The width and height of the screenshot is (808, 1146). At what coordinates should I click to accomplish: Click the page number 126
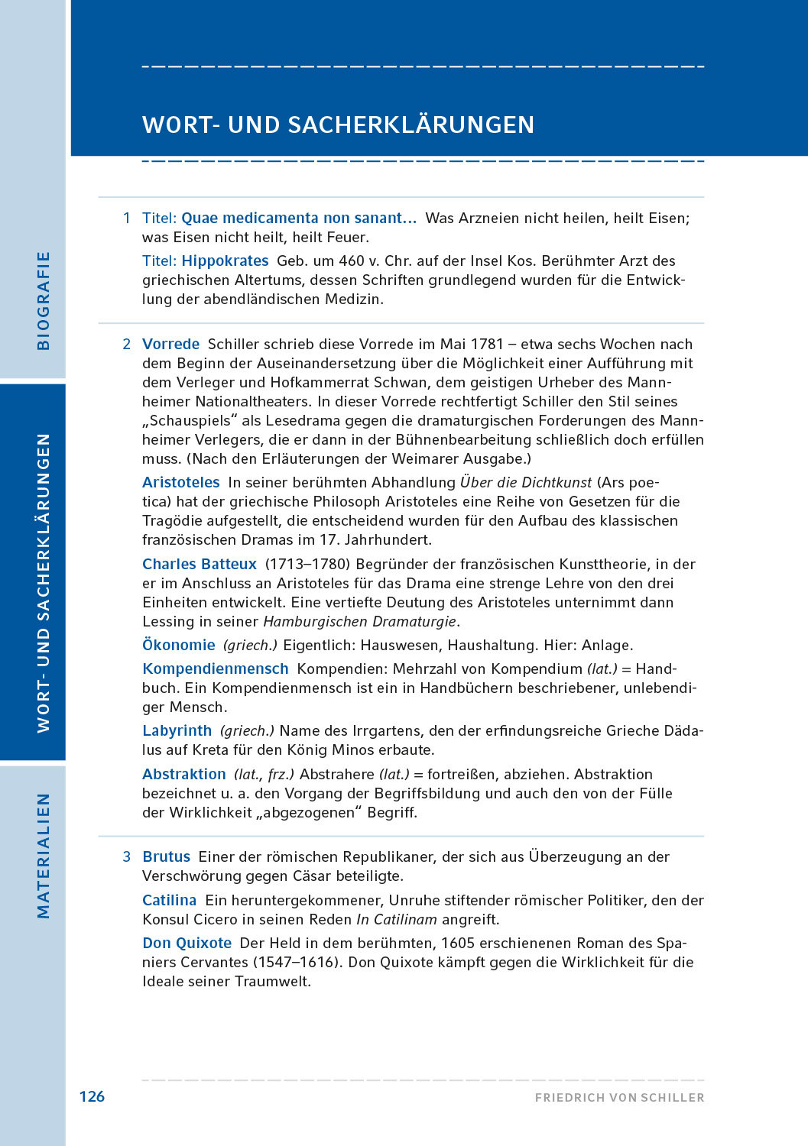pyautogui.click(x=92, y=1096)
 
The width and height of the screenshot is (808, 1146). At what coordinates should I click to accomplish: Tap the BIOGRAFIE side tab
pyautogui.click(x=44, y=301)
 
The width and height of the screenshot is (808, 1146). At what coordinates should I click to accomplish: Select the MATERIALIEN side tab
pyautogui.click(x=44, y=856)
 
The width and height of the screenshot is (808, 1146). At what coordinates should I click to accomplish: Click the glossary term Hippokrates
pyautogui.click(x=225, y=261)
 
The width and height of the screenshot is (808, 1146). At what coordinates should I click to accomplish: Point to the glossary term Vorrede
pyautogui.click(x=170, y=344)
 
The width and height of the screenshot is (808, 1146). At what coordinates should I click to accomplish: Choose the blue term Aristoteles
pyautogui.click(x=180, y=482)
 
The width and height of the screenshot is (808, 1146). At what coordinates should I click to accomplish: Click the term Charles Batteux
pyautogui.click(x=200, y=564)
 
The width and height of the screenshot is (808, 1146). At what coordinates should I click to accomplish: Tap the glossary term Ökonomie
pyautogui.click(x=178, y=645)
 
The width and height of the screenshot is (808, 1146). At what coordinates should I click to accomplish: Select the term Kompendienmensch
pyautogui.click(x=215, y=668)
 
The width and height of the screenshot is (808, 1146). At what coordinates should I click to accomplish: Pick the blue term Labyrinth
pyautogui.click(x=177, y=730)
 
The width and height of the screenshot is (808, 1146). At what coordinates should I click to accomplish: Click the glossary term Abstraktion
pyautogui.click(x=183, y=774)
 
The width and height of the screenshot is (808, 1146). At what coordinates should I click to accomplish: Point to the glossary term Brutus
pyautogui.click(x=166, y=856)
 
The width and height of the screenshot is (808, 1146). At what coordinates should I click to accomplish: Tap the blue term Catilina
pyautogui.click(x=169, y=900)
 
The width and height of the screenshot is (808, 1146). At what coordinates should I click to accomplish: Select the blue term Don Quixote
pyautogui.click(x=187, y=943)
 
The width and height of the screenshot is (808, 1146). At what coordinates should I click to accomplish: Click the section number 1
pyautogui.click(x=127, y=218)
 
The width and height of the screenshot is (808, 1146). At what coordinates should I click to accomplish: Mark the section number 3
pyautogui.click(x=127, y=856)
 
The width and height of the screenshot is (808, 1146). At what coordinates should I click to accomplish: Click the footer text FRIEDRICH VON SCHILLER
pyautogui.click(x=619, y=1098)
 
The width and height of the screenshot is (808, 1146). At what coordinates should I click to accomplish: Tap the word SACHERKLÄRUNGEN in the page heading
pyautogui.click(x=411, y=125)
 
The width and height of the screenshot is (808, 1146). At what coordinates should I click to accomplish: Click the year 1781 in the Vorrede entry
pyautogui.click(x=487, y=344)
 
